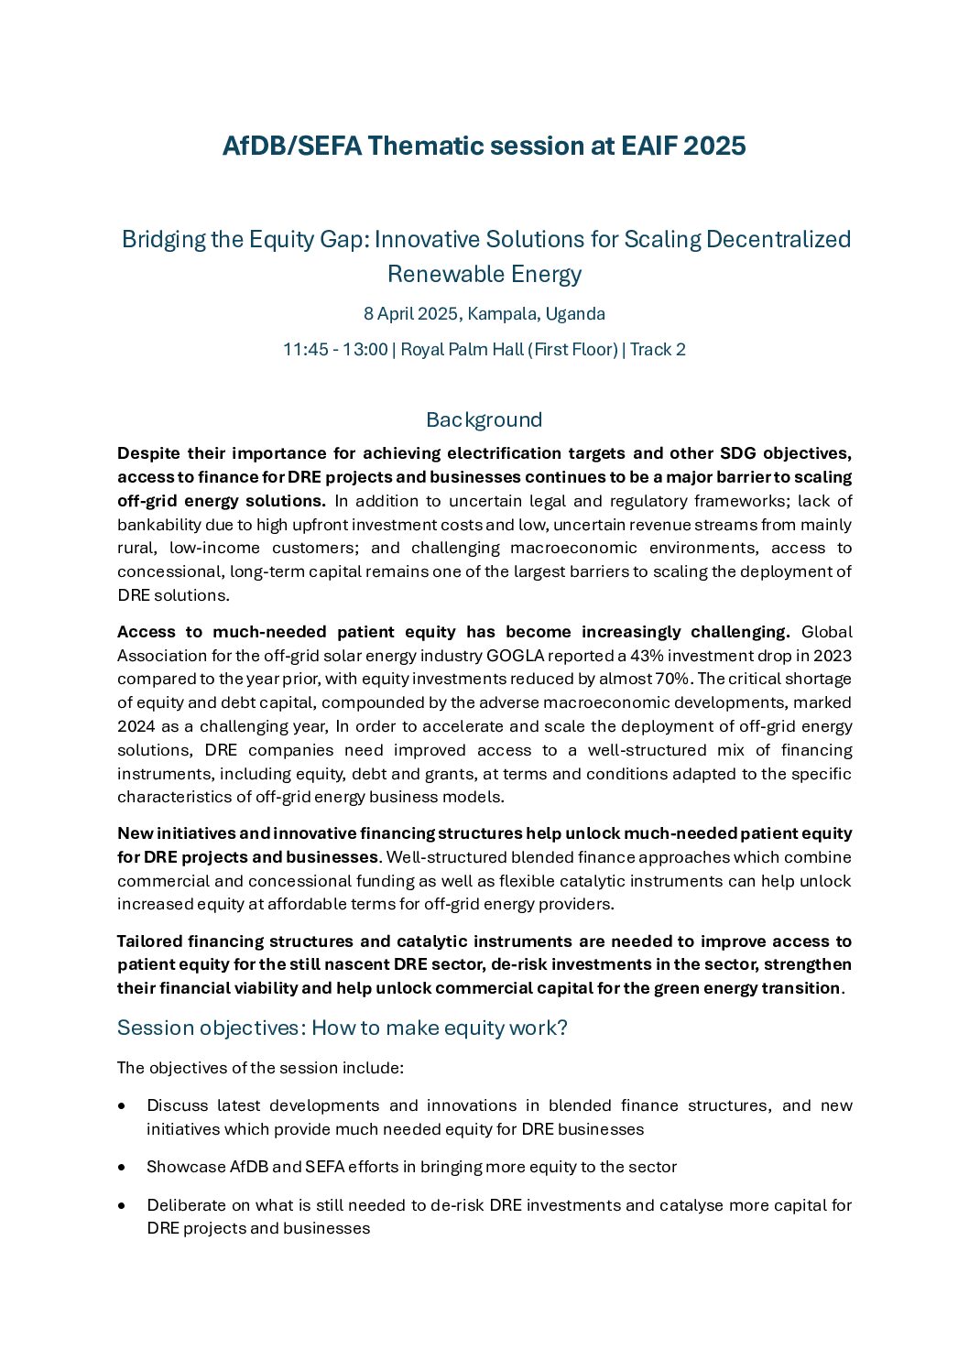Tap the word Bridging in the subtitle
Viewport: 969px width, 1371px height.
[162, 239]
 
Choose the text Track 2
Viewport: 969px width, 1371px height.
[658, 350]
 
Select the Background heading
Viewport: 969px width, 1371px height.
[484, 419]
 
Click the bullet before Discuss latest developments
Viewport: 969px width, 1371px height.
[123, 1106]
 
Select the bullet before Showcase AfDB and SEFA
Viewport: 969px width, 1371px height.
[123, 1168]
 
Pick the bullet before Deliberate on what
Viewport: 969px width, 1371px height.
[123, 1206]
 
